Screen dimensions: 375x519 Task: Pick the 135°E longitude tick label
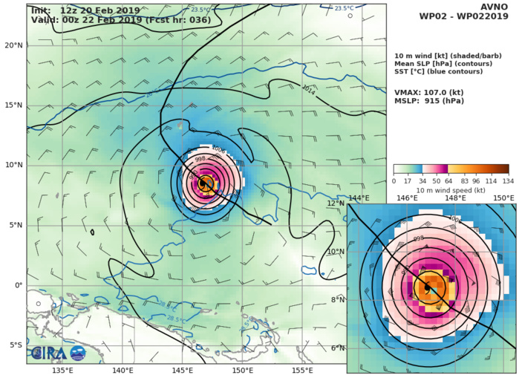(62, 369)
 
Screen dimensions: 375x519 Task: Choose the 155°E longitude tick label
(301, 369)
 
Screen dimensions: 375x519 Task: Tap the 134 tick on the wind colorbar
(509, 180)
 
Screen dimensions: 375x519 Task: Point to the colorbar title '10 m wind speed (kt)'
(451, 189)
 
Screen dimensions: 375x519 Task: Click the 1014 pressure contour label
(309, 89)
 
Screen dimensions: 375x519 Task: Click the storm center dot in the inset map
(427, 288)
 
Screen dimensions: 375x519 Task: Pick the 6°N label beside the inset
(338, 348)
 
